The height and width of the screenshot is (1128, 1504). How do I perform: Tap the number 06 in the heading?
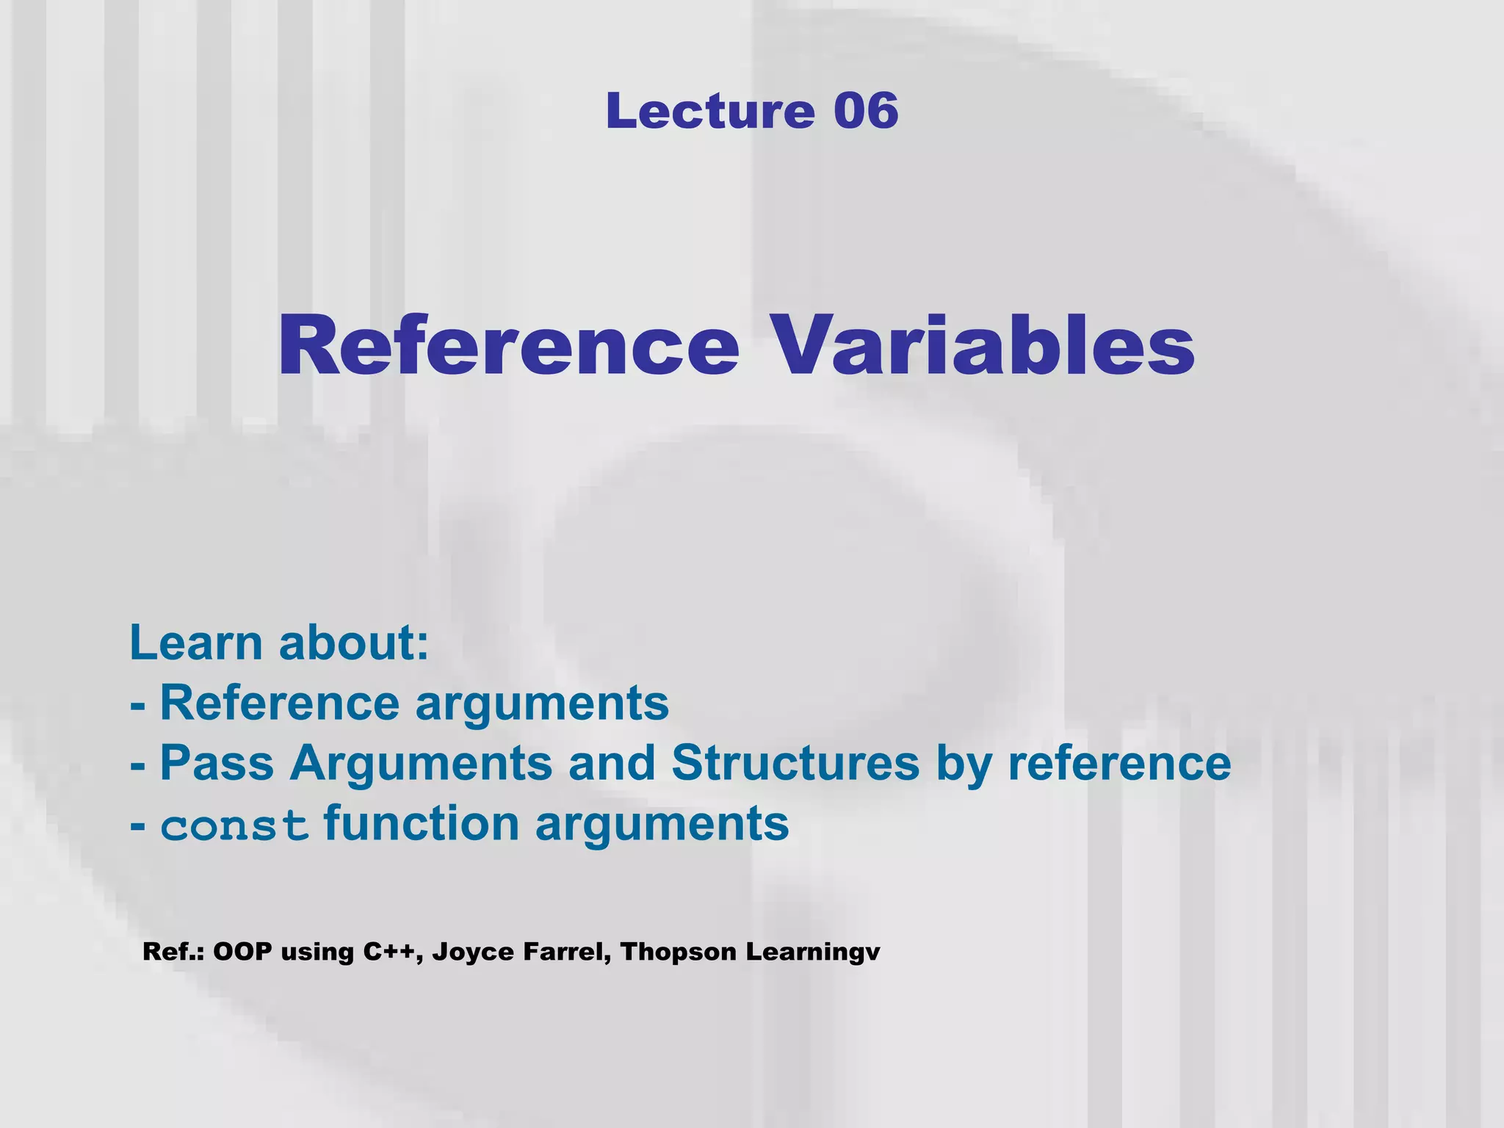(866, 111)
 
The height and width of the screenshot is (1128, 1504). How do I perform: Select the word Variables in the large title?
(983, 345)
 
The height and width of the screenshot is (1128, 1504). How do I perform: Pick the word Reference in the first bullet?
(280, 703)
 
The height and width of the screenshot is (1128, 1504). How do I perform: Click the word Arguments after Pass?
(421, 764)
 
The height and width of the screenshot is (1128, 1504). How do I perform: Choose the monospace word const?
(234, 825)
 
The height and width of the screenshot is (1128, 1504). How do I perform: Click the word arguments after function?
(662, 825)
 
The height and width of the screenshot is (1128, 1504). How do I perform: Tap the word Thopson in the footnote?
(678, 952)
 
